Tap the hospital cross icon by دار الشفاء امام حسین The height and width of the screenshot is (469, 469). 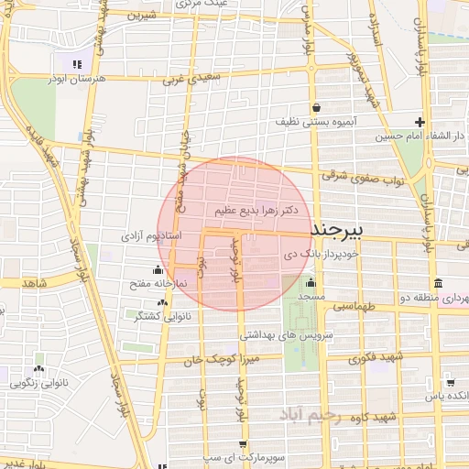point(420,122)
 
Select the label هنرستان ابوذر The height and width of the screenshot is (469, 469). point(82,79)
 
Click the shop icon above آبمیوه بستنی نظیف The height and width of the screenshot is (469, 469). point(316,106)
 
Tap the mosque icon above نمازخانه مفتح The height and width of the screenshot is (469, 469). point(158,269)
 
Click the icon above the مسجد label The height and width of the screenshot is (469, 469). point(311,282)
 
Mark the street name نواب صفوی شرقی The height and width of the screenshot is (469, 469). point(364,178)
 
